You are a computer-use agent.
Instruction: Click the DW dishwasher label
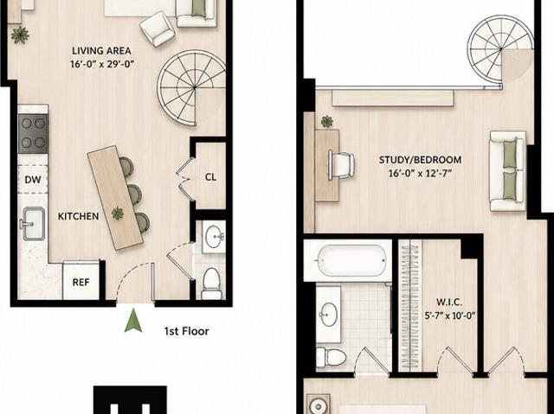click(x=33, y=180)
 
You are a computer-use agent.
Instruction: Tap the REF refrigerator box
click(x=81, y=281)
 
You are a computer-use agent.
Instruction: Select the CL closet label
click(x=210, y=177)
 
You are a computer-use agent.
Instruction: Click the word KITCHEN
click(x=79, y=216)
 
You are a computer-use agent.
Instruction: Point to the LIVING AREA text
click(x=102, y=51)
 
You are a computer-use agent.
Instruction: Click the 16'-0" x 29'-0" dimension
click(x=102, y=65)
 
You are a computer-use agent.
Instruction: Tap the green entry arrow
click(x=133, y=320)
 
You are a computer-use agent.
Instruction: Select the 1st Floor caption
click(x=187, y=331)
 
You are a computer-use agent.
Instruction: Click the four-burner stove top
click(x=33, y=133)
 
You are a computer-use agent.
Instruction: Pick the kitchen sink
click(x=33, y=224)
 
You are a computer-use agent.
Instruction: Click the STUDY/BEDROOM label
click(x=420, y=160)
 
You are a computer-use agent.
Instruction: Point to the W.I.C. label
click(x=449, y=303)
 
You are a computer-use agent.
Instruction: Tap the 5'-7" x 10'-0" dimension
click(x=450, y=315)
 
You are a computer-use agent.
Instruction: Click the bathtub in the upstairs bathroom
click(x=351, y=261)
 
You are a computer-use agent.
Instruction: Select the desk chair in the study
click(x=341, y=165)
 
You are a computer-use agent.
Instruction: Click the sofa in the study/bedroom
click(x=508, y=171)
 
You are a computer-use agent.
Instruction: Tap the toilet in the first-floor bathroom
click(x=211, y=283)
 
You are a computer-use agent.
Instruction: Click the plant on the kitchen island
click(x=118, y=213)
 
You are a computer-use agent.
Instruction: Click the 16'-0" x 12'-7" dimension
click(x=420, y=174)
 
